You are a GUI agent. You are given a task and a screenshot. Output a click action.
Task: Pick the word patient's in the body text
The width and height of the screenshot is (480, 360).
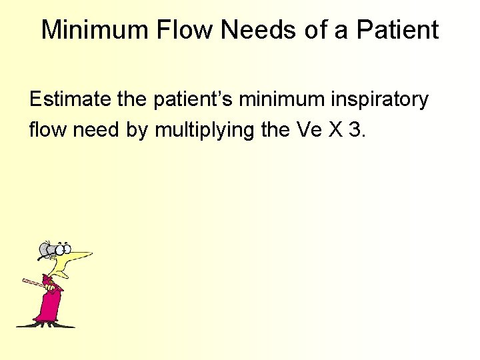tap(193, 100)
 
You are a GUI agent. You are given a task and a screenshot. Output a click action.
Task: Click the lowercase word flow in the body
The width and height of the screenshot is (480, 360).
tap(49, 129)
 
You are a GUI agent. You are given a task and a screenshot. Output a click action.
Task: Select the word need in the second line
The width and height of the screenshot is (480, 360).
tap(100, 129)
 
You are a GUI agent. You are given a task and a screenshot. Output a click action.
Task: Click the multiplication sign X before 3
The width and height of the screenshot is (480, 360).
tap(335, 129)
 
